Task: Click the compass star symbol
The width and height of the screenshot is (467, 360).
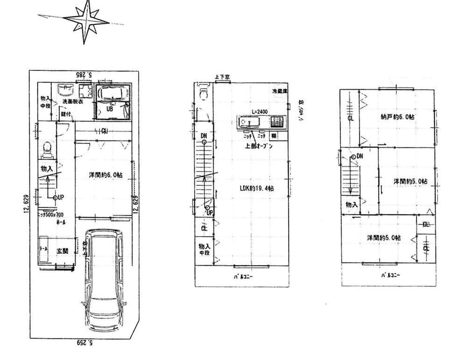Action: (86, 21)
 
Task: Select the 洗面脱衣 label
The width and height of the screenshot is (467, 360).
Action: (67, 102)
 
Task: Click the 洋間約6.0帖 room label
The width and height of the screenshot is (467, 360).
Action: (106, 175)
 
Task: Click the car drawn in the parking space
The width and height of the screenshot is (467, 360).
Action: (105, 280)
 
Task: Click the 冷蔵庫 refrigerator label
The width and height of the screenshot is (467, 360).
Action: (280, 92)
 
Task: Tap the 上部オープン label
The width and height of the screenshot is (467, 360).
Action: (259, 146)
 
